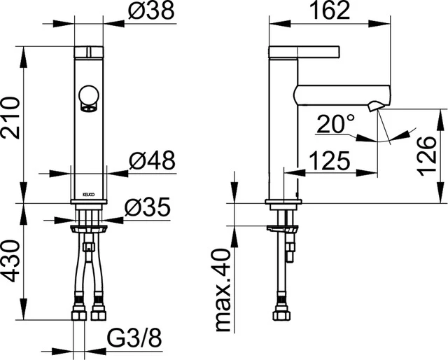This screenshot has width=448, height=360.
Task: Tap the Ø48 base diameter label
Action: coord(150,161)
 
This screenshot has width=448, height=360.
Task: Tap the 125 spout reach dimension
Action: coord(328,161)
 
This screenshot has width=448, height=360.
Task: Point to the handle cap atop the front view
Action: coord(90,51)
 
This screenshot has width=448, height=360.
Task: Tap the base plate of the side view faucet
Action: coord(283,204)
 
